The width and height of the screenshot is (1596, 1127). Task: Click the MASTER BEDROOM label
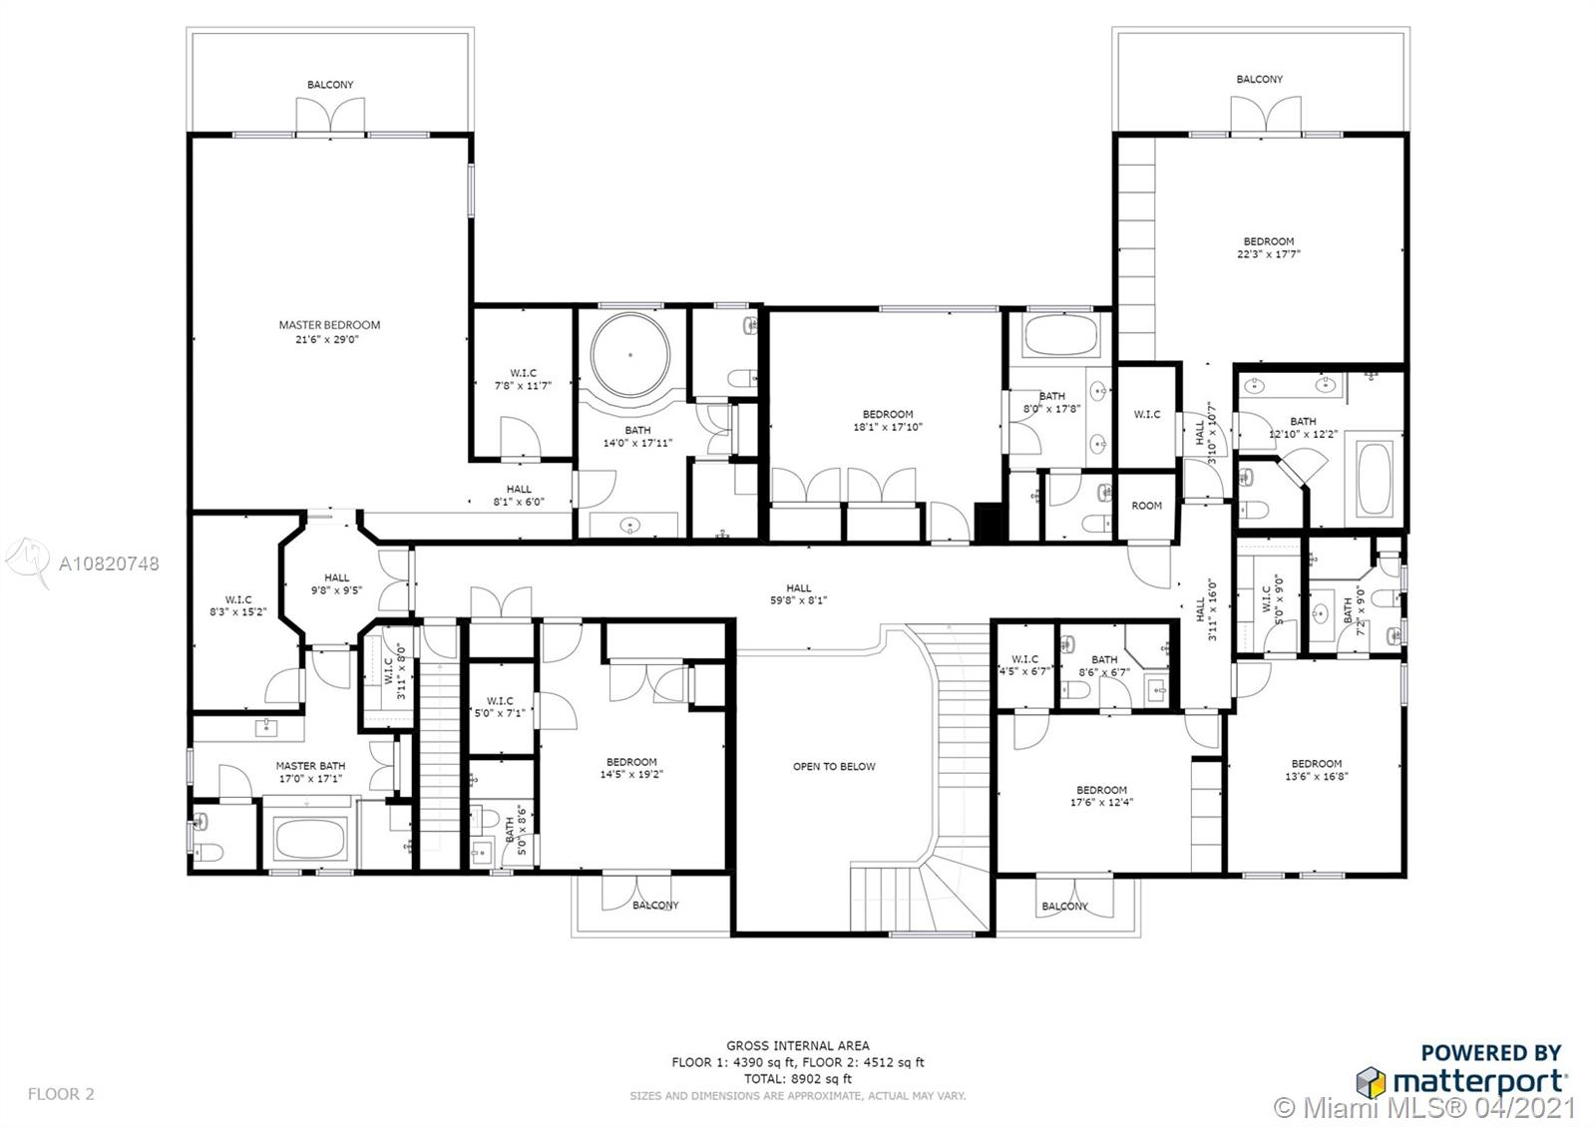tap(329, 325)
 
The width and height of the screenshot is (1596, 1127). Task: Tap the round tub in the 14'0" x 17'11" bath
tap(629, 354)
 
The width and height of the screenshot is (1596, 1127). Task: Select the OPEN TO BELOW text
tap(834, 767)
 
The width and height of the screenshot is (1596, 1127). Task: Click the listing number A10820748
tap(109, 563)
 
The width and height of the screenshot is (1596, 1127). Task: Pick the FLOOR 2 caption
tap(61, 1093)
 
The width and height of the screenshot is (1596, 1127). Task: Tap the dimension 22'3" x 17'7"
tap(1268, 253)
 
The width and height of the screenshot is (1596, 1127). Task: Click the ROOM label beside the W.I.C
tap(1146, 505)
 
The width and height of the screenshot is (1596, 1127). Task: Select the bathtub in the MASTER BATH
tap(310, 838)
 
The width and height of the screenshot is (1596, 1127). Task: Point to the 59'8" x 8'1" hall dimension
tap(798, 599)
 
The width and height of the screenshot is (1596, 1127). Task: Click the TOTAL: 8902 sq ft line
tap(798, 1078)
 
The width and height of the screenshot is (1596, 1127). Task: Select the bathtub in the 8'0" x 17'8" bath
tap(1059, 335)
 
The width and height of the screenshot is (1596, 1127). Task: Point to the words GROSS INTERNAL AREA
tap(798, 1046)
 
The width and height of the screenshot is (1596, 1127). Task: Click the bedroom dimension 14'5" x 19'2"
tap(631, 774)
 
